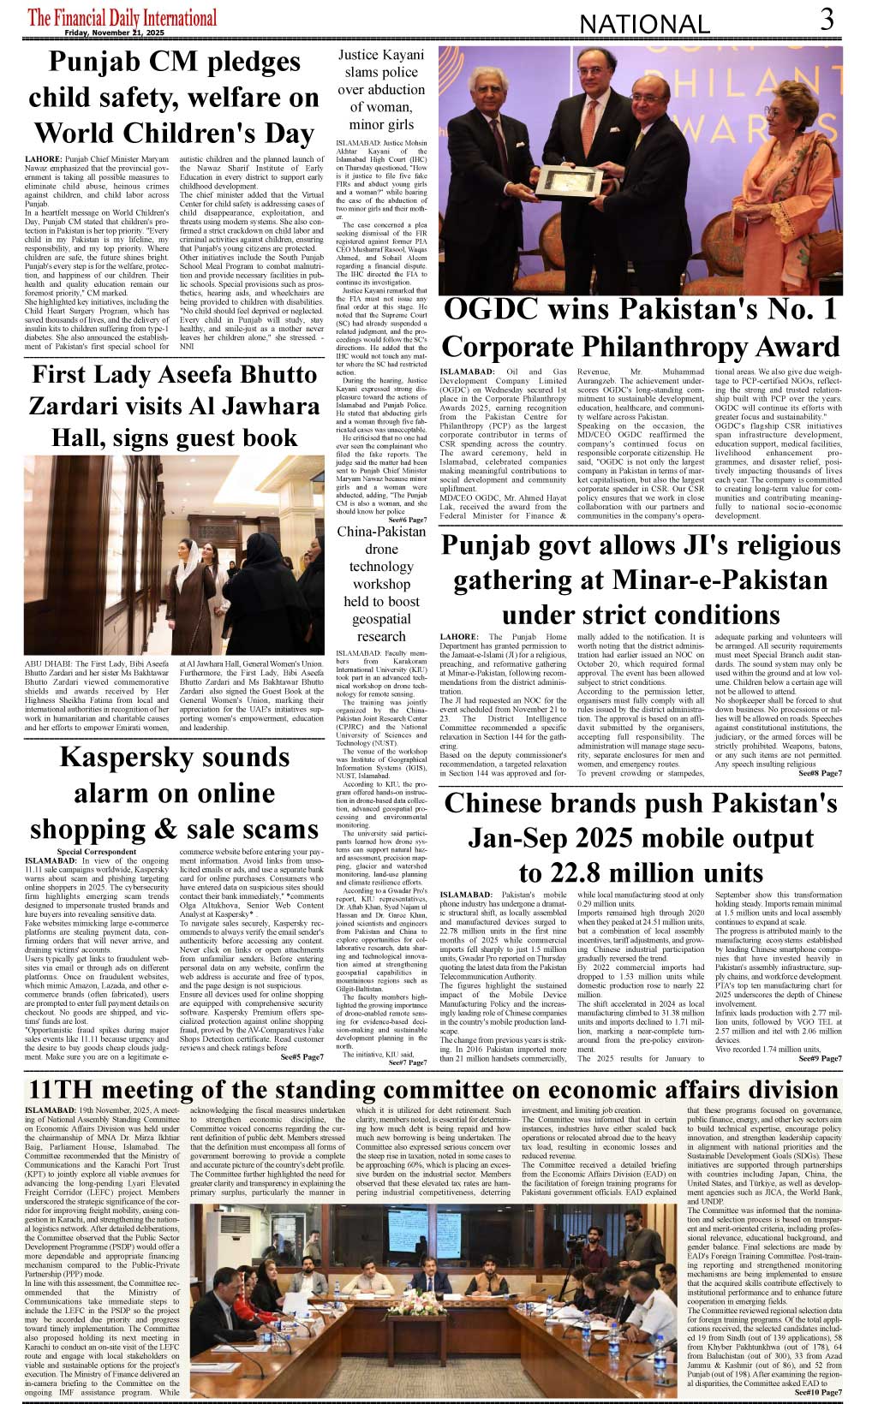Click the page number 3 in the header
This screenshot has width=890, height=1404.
tap(826, 19)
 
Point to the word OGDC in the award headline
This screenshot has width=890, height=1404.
tap(493, 309)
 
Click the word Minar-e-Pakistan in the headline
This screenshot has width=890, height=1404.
tap(641, 580)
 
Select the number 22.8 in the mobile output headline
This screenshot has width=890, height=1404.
tap(584, 873)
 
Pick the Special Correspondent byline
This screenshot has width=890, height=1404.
tap(96, 852)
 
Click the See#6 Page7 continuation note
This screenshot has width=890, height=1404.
tap(407, 520)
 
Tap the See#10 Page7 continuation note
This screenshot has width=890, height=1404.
tap(817, 1392)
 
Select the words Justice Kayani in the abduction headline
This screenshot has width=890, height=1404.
tap(381, 55)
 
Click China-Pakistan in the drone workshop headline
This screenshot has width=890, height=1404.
tap(381, 532)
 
